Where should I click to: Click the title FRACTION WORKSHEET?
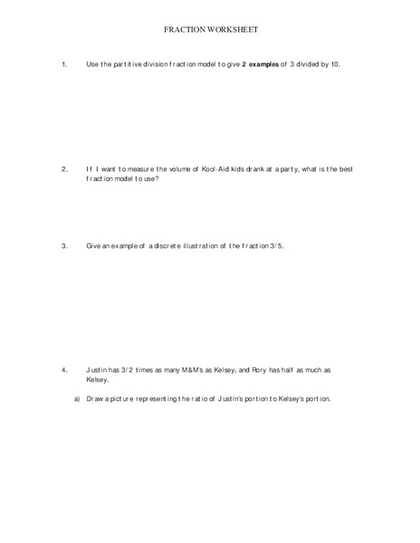210,30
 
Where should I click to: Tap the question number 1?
64,64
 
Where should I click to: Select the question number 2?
64,169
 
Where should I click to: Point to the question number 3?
64,246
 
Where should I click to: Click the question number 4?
64,370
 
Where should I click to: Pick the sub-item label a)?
77,398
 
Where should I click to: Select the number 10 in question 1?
334,64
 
